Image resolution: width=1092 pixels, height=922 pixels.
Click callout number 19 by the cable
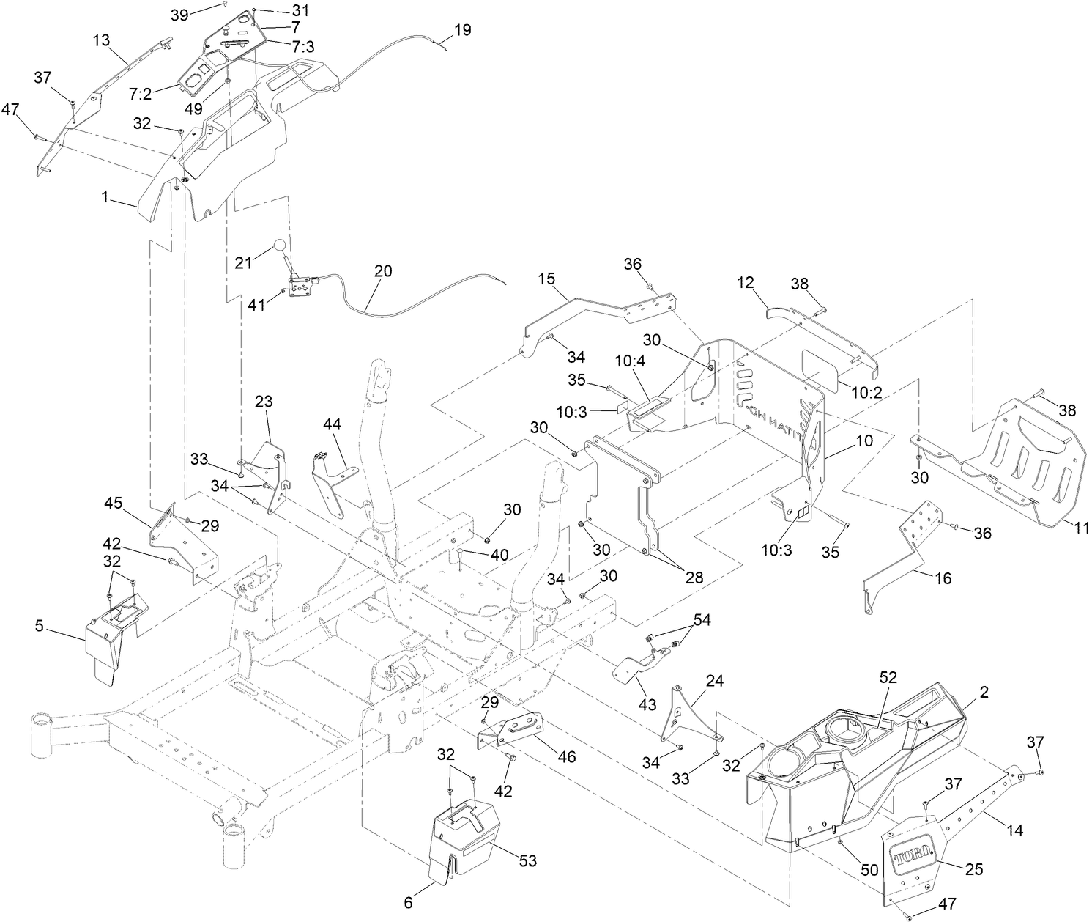pyautogui.click(x=462, y=30)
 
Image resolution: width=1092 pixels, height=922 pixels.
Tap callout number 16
pyautogui.click(x=943, y=578)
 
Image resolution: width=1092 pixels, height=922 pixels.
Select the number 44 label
pyautogui.click(x=333, y=424)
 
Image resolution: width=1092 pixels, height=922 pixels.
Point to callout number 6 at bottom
pyautogui.click(x=408, y=904)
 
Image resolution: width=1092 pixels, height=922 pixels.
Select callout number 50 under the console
pyautogui.click(x=869, y=870)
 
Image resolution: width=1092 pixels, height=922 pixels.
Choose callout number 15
pyautogui.click(x=546, y=279)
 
